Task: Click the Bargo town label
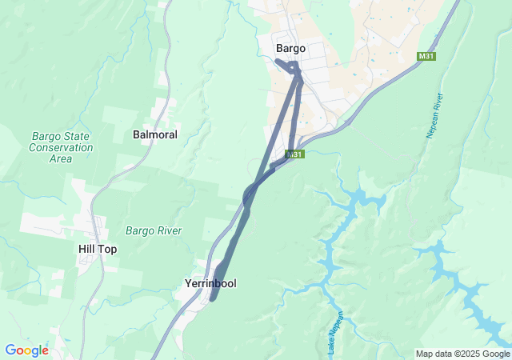290,48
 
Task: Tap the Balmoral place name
154,134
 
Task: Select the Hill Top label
98,249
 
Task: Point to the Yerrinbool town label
210,283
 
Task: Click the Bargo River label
154,230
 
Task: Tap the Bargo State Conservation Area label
61,147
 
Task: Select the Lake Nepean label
334,331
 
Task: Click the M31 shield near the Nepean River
426,56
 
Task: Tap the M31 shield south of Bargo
295,154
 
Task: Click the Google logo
26,350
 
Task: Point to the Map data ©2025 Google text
462,354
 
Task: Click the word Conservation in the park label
61,147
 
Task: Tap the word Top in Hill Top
108,249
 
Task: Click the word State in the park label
75,136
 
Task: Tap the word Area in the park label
61,158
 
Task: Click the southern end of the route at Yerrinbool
213,299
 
